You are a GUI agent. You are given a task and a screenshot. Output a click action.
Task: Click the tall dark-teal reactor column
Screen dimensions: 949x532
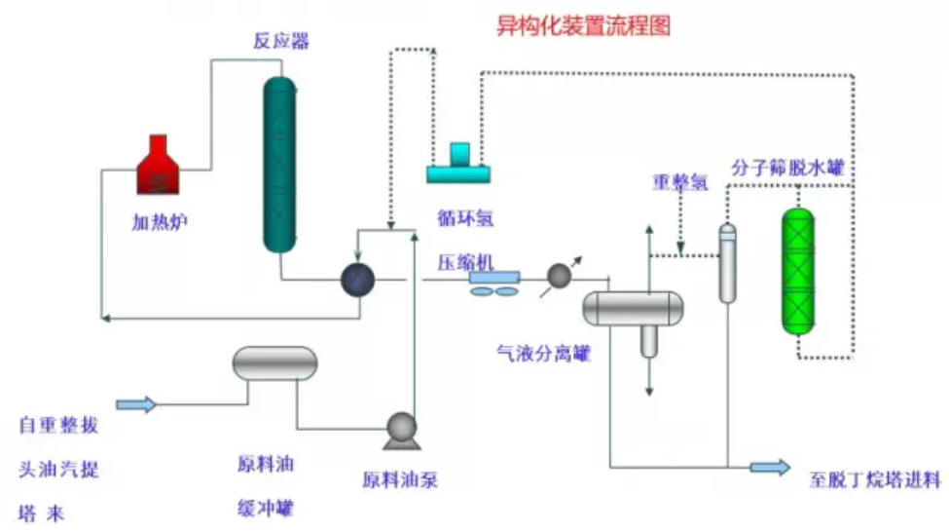point(279,165)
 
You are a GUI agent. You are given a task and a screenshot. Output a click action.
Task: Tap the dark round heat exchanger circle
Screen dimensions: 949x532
point(357,280)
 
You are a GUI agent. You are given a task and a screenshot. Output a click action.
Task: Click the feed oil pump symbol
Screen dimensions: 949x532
point(401,431)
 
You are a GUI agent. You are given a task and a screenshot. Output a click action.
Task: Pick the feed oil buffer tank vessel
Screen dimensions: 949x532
point(275,362)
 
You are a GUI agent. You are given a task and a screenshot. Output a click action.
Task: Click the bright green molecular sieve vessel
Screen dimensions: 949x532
point(798,272)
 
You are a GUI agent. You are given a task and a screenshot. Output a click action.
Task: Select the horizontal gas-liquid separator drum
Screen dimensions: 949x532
point(633,308)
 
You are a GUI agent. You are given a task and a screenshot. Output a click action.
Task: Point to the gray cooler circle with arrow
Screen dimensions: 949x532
point(560,277)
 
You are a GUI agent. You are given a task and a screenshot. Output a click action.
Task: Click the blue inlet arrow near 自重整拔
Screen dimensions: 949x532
point(136,404)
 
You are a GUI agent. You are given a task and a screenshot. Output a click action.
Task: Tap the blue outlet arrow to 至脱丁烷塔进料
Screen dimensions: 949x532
point(770,467)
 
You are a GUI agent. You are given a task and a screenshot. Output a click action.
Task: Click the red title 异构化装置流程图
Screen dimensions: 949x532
point(583,26)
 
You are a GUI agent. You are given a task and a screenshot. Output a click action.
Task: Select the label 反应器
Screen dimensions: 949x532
point(281,41)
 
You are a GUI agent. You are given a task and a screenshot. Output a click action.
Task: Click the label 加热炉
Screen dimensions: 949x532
point(160,222)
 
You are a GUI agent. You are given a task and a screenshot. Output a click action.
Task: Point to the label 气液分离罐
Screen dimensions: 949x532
point(543,353)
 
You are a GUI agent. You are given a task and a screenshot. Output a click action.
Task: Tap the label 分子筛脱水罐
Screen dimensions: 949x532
point(787,168)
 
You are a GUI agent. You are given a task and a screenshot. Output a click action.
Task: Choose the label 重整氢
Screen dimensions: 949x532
point(680,182)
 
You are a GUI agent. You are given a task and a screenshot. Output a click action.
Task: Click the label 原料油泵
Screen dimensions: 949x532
point(400,480)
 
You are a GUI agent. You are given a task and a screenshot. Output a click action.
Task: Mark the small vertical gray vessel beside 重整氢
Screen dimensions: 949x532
point(727,263)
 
